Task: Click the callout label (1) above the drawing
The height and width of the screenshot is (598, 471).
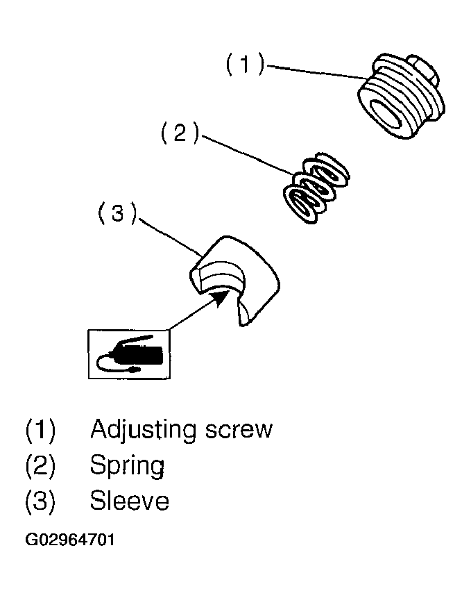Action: click(244, 65)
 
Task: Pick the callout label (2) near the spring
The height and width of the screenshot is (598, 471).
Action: click(180, 133)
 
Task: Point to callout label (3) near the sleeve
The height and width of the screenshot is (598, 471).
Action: click(117, 214)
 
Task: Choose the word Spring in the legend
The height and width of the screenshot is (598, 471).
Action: click(127, 465)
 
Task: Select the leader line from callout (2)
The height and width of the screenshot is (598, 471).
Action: click(246, 155)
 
